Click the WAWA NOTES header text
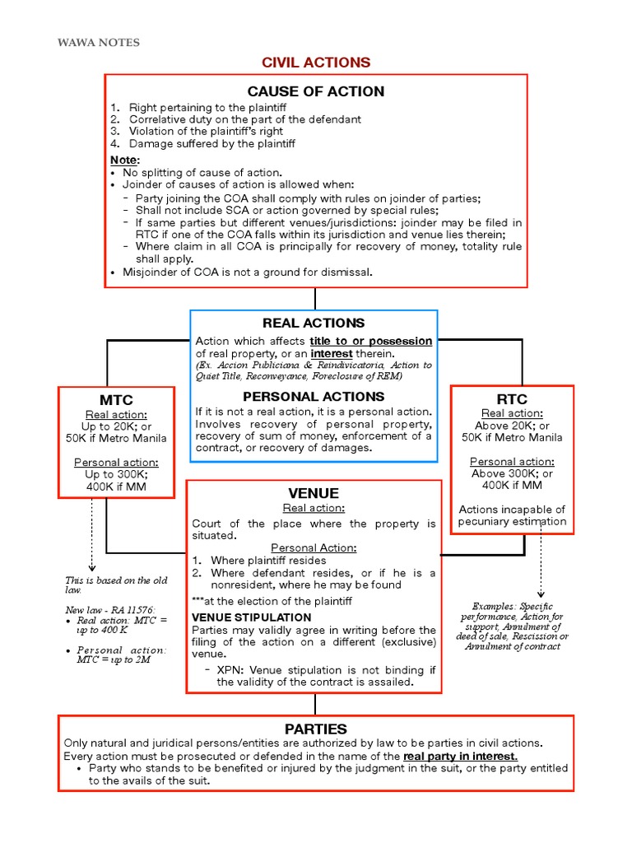(x=98, y=42)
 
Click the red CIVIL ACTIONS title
(x=316, y=63)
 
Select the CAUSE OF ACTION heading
(x=316, y=91)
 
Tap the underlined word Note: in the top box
(x=125, y=160)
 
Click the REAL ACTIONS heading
(x=314, y=323)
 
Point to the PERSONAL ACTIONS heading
(x=314, y=397)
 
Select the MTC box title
(x=115, y=400)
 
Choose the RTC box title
(x=512, y=399)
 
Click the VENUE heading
(x=314, y=493)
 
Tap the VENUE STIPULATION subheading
(x=252, y=617)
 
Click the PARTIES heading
(x=316, y=729)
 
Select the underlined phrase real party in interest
(x=460, y=756)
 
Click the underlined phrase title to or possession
(x=370, y=341)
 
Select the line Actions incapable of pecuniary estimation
(x=512, y=515)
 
